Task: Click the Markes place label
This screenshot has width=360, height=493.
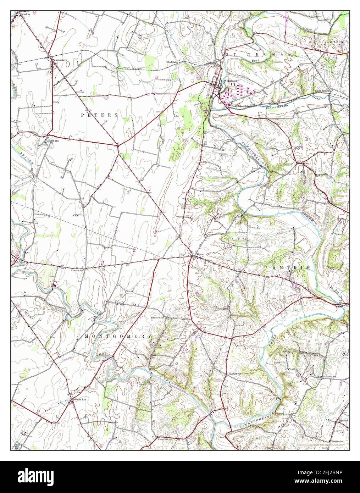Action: tap(26, 15)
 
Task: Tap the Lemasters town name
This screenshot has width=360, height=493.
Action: tap(60, 60)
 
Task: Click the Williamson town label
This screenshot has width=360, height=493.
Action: tap(231, 81)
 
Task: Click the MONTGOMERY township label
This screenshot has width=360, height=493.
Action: tap(118, 336)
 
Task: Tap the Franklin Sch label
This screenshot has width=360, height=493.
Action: tap(77, 270)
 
